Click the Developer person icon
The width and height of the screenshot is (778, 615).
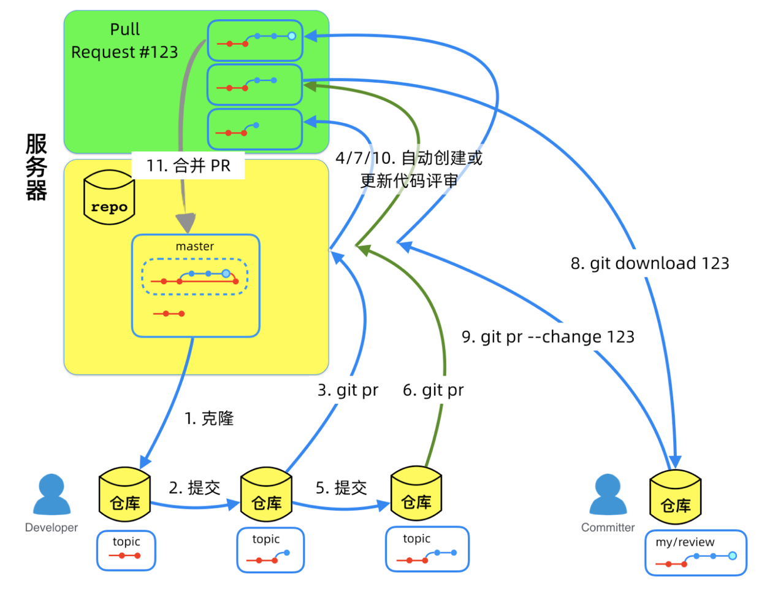[51, 494]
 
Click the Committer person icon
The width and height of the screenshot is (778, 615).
[608, 494]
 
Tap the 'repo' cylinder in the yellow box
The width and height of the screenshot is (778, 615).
[109, 197]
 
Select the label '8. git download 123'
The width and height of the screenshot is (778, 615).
[650, 263]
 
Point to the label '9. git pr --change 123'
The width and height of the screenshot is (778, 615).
[548, 337]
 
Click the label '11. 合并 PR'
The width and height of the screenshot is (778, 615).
[188, 166]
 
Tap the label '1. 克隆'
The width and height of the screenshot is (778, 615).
[209, 419]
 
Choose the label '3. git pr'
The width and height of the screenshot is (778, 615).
[348, 390]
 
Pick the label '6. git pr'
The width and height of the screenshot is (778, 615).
[433, 390]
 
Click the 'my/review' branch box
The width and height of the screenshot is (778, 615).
[696, 553]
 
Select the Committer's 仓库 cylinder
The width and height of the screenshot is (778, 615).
[676, 497]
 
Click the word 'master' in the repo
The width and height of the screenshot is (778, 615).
[194, 247]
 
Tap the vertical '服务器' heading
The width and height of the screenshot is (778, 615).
[36, 167]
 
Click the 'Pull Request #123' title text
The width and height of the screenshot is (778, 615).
[124, 41]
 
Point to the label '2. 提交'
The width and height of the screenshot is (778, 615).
[194, 488]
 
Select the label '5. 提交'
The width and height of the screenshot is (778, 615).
[341, 488]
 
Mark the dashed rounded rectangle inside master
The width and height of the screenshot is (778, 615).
[195, 277]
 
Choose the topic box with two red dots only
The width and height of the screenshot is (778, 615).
[126, 551]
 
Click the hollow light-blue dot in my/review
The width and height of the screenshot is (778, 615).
[733, 555]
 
